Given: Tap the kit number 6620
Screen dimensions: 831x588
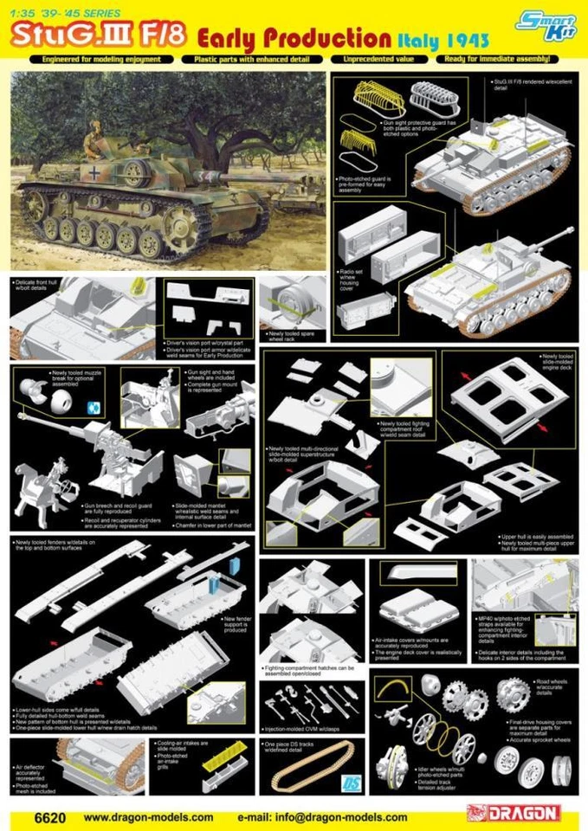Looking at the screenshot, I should coord(36,815).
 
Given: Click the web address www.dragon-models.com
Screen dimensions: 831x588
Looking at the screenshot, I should coord(148,815).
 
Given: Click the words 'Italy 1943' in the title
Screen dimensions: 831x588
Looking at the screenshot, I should coord(444,40).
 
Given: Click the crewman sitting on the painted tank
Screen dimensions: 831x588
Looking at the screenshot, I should coord(94,138).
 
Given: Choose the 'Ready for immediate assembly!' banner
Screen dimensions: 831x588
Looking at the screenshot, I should coord(500,59).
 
